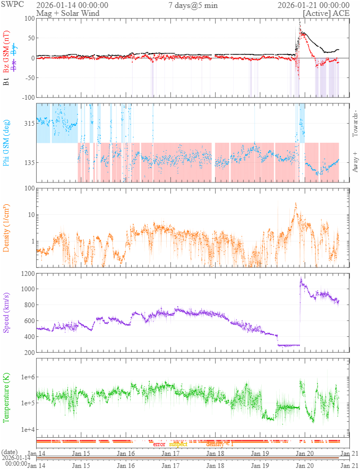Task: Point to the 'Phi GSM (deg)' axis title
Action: coord(6,143)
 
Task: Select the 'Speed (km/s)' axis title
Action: coord(6,313)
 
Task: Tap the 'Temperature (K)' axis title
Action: coord(6,396)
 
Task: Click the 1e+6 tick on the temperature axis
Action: coord(26,377)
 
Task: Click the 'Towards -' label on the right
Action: coord(355,123)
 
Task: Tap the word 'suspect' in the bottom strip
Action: coord(178,444)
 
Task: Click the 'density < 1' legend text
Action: coord(219,444)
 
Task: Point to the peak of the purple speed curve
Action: coord(301,277)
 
